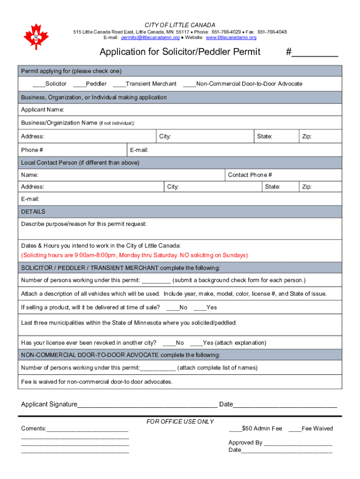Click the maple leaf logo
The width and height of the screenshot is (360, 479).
36,36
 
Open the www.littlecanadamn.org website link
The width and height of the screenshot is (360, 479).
231,37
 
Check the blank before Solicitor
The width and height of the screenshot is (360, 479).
39,84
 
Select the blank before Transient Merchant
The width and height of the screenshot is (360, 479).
119,84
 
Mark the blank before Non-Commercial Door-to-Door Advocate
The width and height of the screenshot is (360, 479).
189,84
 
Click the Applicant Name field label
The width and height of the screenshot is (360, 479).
43,110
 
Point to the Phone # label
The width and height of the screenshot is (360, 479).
32,150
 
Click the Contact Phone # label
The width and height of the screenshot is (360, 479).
250,175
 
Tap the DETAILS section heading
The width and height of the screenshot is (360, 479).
33,211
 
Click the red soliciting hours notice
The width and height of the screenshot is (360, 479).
134,255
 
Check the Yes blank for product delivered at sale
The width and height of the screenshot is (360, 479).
200,308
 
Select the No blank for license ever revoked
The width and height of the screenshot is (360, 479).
169,343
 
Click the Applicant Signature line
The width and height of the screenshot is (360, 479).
147,405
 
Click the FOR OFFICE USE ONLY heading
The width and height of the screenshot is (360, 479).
180,421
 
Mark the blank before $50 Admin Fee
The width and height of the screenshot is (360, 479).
235,429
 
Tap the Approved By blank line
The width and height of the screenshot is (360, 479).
298,443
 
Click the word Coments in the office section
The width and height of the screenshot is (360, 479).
33,429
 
